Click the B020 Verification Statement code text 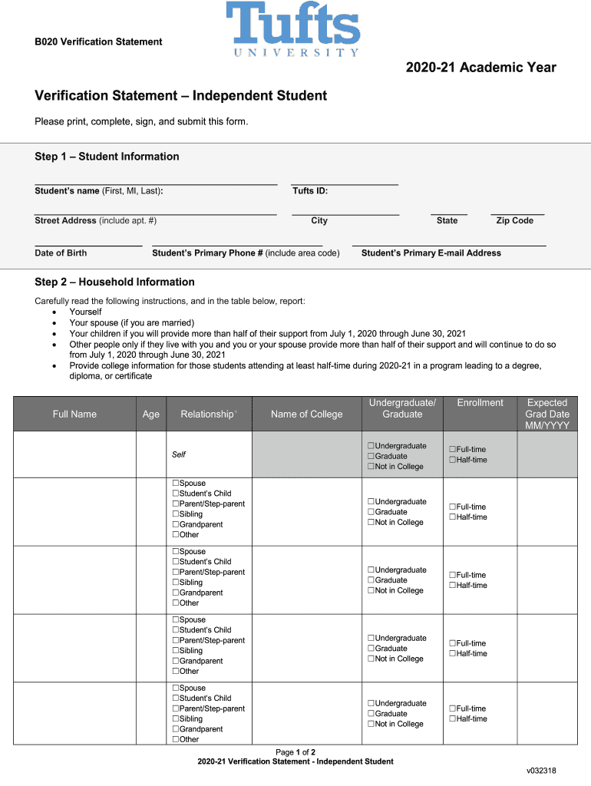click(98, 41)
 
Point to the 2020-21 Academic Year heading click(481, 68)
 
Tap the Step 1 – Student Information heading click(107, 157)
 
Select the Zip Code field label click(514, 221)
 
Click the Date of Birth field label click(61, 253)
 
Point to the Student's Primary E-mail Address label click(431, 253)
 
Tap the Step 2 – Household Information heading click(114, 282)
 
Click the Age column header click(151, 414)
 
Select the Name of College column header click(307, 414)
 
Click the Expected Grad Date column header click(547, 414)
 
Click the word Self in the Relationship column click(179, 454)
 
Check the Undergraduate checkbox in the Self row click(371, 446)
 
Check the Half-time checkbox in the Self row click(452, 460)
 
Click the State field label click(447, 221)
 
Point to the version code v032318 click(541, 770)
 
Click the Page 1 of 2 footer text click(295, 752)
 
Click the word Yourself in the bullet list click(85, 312)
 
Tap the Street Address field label click(95, 221)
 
